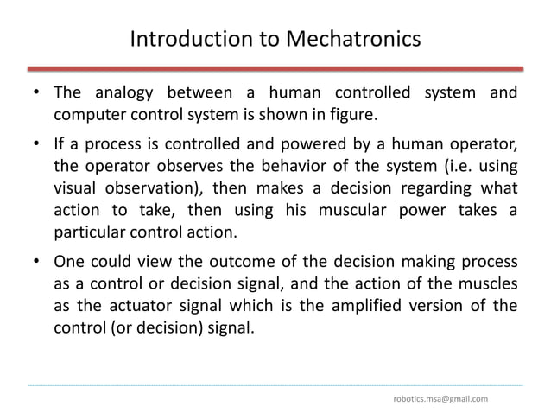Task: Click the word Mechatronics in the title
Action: tap(348, 40)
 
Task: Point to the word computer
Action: tap(85, 115)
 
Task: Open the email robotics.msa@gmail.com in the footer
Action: tap(440, 398)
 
